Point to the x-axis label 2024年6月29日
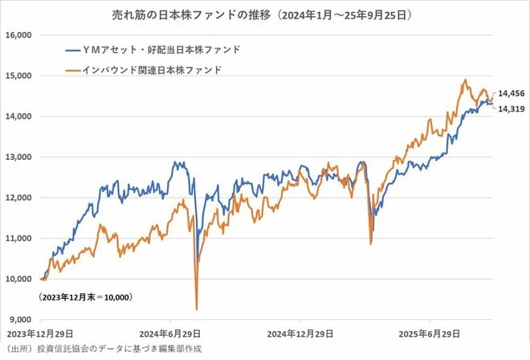pyautogui.click(x=171, y=333)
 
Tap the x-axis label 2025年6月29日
pyautogui.click(x=430, y=333)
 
